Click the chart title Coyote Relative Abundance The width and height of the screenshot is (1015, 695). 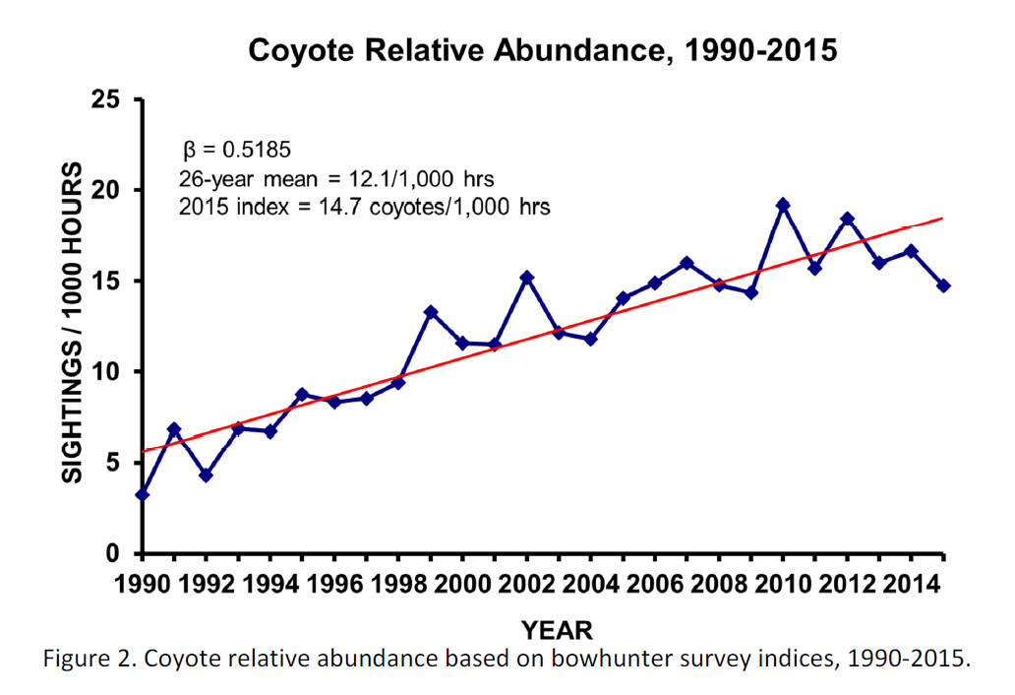pos(543,49)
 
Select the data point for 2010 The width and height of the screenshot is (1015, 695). pos(784,205)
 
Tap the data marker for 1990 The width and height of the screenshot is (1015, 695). pos(143,494)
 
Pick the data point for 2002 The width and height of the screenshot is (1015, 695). pos(527,277)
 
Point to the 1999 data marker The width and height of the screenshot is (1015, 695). pos(431,312)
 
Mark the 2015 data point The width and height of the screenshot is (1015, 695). pos(944,285)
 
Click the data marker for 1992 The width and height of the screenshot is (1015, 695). pos(207,474)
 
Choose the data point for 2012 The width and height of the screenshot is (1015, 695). pos(848,219)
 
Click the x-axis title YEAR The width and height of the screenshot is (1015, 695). pos(557,629)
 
